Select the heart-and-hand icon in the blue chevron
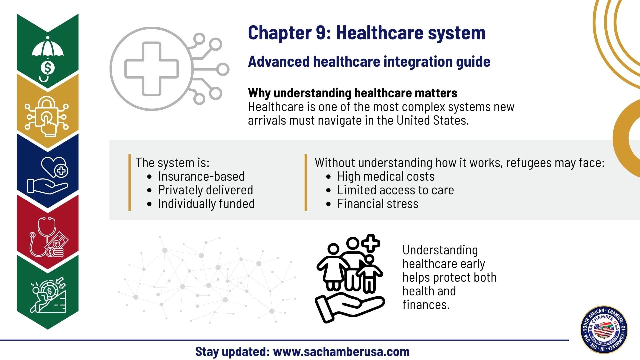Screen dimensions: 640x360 (x=48, y=175)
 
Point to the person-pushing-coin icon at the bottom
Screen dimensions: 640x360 (x=48, y=295)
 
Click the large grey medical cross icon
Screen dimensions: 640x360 (x=152, y=69)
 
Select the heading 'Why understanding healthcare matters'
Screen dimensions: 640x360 (x=353, y=93)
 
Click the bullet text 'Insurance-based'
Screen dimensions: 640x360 (x=201, y=176)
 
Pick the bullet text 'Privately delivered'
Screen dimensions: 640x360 (x=206, y=190)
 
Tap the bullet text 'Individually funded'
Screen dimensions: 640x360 (x=206, y=204)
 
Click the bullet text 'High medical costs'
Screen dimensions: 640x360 (x=386, y=176)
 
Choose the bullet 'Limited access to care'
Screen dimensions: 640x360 (x=396, y=190)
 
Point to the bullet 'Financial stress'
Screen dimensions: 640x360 (x=378, y=204)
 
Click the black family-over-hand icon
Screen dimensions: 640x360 (x=350, y=278)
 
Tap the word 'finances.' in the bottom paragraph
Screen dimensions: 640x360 (x=426, y=305)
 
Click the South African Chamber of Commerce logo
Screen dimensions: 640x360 (x=604, y=330)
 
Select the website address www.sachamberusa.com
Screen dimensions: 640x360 (x=341, y=352)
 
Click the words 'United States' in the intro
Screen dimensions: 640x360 (x=433, y=120)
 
